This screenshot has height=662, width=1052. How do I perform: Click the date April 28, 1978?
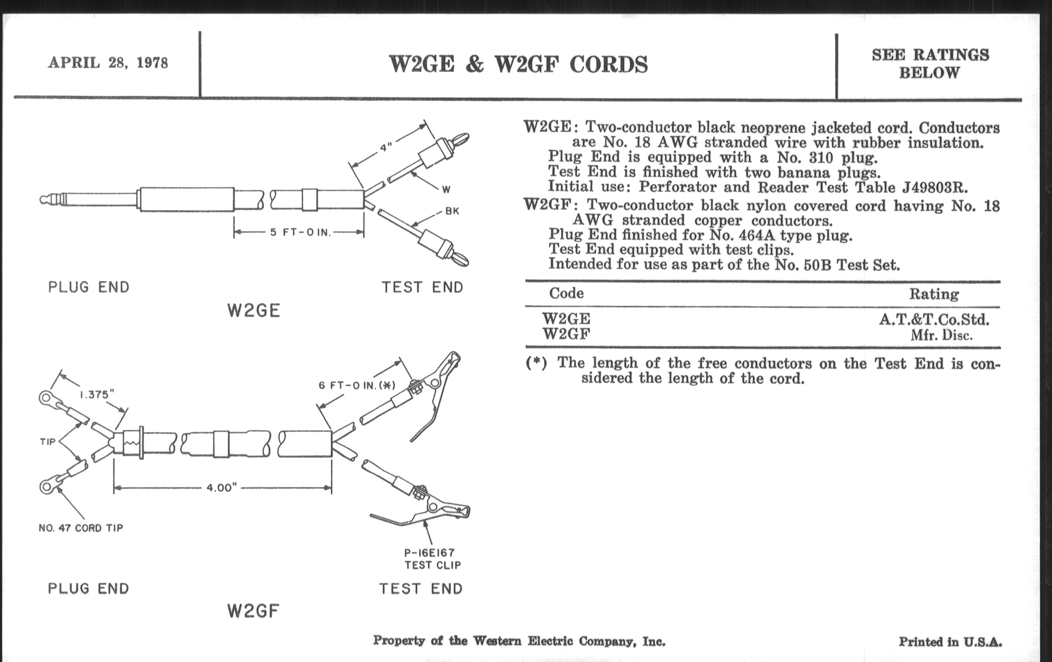(x=108, y=63)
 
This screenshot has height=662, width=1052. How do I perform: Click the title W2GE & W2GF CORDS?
(x=518, y=64)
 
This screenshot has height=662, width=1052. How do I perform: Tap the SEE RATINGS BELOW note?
(x=930, y=63)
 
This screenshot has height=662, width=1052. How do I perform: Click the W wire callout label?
(x=446, y=190)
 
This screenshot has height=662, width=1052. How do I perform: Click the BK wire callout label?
(x=452, y=212)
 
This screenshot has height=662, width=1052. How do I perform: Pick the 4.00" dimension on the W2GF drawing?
(x=221, y=487)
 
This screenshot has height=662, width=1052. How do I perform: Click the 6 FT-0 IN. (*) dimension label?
(x=356, y=386)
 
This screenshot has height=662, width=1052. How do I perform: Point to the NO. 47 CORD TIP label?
(x=81, y=528)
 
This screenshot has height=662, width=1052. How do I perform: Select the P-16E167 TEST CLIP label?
(x=432, y=559)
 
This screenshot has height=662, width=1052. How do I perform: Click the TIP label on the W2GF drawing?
(x=48, y=442)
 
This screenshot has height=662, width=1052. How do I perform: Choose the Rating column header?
(x=933, y=294)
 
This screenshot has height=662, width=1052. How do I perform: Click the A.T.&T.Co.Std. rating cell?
(x=934, y=320)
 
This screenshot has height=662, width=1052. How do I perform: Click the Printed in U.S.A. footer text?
(x=950, y=642)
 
